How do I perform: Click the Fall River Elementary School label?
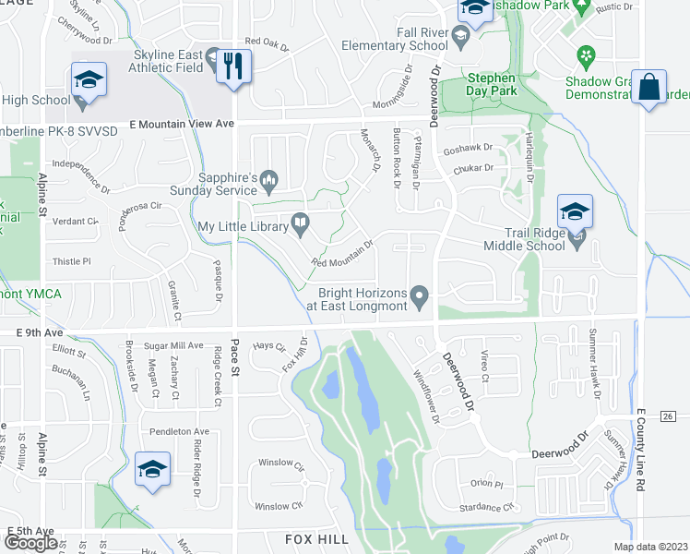[395, 38]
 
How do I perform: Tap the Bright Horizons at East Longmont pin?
[421, 297]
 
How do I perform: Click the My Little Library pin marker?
[300, 221]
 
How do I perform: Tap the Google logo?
[30, 542]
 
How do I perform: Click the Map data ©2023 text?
[650, 547]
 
